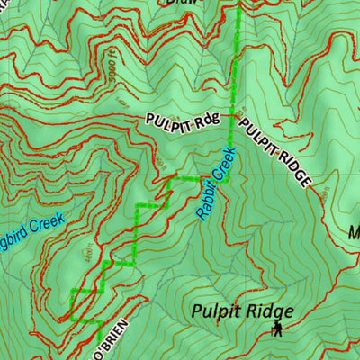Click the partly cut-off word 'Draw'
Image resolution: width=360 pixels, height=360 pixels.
184,3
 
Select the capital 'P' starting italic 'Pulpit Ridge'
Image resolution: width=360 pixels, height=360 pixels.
196,312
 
